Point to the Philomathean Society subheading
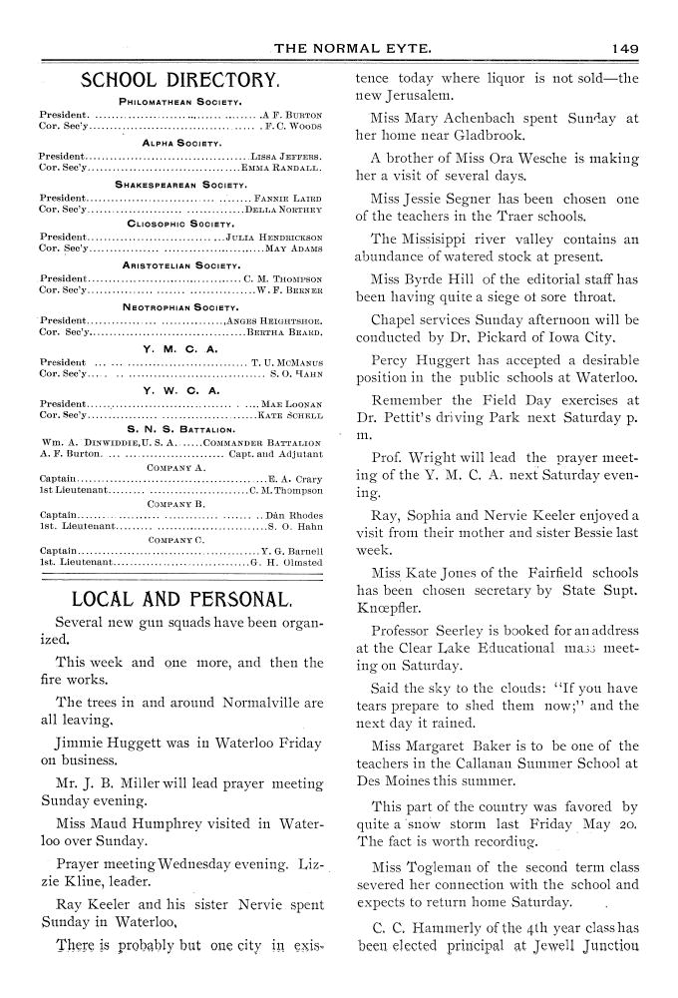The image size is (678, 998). click(181, 102)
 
